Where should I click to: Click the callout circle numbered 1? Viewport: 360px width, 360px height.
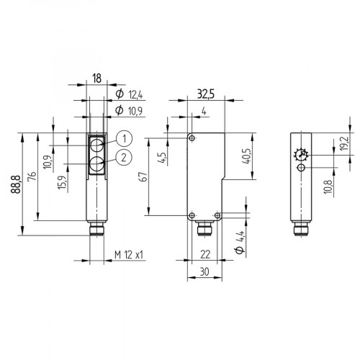tap(124, 139)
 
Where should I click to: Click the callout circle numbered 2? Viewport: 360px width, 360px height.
tap(124, 157)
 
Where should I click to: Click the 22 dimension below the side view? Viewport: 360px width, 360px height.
tap(206, 253)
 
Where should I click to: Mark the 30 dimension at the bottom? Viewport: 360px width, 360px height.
tap(206, 272)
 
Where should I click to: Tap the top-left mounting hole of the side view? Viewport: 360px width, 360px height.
tap(192, 138)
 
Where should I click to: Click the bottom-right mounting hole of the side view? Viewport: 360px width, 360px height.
tap(217, 215)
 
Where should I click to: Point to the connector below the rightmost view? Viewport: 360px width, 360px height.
tap(301, 231)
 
